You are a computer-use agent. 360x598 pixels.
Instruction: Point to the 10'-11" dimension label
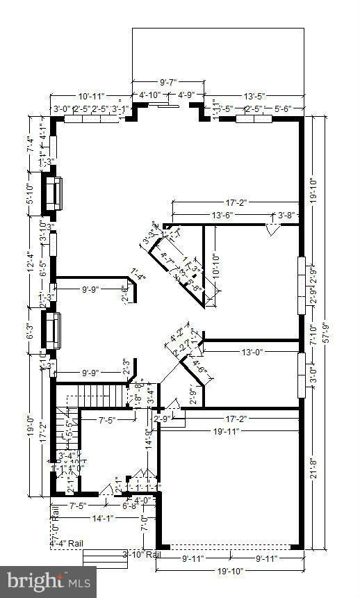coord(91,95)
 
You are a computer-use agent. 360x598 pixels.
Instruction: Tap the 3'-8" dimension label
coord(286,216)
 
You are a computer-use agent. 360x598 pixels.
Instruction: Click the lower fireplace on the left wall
coord(53,330)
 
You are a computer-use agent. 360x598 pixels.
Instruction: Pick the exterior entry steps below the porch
coord(105,558)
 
